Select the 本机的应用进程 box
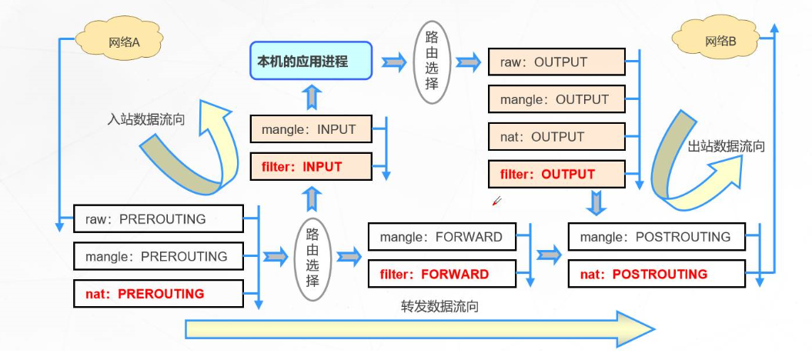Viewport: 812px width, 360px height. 311,61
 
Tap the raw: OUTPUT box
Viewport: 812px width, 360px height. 556,62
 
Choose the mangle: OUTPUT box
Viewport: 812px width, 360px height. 556,99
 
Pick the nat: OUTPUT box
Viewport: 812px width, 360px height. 556,137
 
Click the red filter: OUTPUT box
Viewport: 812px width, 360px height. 556,174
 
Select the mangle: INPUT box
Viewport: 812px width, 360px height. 311,128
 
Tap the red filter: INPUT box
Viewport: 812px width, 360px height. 311,167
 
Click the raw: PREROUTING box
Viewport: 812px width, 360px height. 159,218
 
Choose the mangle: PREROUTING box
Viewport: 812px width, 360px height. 159,256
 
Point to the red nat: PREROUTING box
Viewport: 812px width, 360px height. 159,294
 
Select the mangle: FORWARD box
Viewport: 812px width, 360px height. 443,236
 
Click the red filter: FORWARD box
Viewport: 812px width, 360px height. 443,274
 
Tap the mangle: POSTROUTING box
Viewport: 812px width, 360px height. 657,236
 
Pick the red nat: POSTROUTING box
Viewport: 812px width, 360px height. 657,274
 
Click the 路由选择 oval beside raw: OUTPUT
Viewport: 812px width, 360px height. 432,62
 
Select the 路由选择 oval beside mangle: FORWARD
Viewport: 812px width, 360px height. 312,258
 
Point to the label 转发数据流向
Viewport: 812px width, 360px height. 439,306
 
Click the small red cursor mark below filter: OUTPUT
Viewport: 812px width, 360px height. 496,201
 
